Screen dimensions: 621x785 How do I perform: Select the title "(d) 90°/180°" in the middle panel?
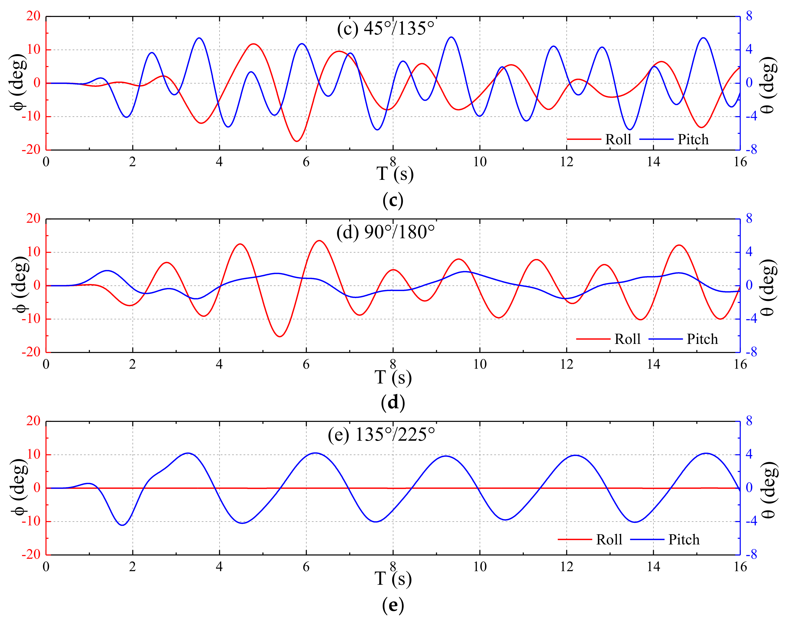pyautogui.click(x=385, y=232)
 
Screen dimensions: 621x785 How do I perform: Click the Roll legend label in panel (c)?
pyautogui.click(x=618, y=140)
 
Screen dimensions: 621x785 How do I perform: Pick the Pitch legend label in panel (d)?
pyautogui.click(x=702, y=339)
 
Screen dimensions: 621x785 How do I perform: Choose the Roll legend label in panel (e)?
pyautogui.click(x=609, y=539)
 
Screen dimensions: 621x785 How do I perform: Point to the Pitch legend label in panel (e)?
pyautogui.click(x=684, y=539)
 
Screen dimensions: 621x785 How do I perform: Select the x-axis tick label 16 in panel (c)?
pyautogui.click(x=740, y=162)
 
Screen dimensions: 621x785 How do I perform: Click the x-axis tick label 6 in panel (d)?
pyautogui.click(x=306, y=364)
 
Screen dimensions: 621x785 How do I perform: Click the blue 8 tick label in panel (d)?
pyautogui.click(x=749, y=218)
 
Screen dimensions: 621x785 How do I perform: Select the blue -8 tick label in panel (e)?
pyautogui.click(x=750, y=554)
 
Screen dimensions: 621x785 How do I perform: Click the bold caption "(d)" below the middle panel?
pyautogui.click(x=393, y=403)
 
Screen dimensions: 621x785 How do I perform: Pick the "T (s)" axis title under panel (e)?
pyautogui.click(x=393, y=579)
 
